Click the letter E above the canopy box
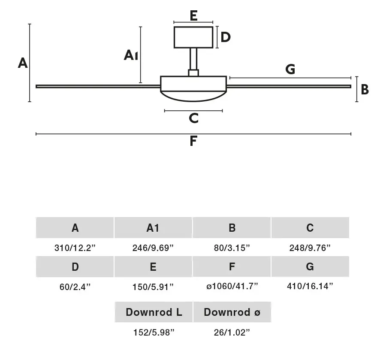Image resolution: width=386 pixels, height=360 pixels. point(193,16)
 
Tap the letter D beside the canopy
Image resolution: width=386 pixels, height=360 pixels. point(226,37)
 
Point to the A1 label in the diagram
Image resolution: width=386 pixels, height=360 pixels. point(131,55)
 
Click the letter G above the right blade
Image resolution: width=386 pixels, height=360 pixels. point(290,69)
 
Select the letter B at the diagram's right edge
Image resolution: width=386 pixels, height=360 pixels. point(365,89)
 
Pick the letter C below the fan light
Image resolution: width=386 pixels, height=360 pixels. point(194,118)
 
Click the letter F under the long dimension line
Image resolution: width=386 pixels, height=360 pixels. point(193,141)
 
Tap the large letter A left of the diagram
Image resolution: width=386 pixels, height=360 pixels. point(23,63)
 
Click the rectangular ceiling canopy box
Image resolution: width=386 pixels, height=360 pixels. point(193,37)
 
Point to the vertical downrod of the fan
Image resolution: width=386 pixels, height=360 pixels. point(193,59)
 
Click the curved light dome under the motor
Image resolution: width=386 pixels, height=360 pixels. point(193,96)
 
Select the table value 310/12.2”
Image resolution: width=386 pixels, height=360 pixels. point(75,248)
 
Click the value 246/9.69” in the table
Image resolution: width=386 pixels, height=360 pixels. point(153,248)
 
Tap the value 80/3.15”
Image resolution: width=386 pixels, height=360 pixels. point(232,248)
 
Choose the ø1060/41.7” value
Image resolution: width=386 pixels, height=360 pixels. point(232,286)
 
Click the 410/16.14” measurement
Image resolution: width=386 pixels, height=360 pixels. point(310,286)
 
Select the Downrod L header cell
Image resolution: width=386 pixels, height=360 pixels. point(154,312)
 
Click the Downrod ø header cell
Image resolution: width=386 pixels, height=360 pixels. point(232,312)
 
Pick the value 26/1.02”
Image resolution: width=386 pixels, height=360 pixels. point(232,333)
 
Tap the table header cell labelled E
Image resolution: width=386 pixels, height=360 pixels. point(153,267)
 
